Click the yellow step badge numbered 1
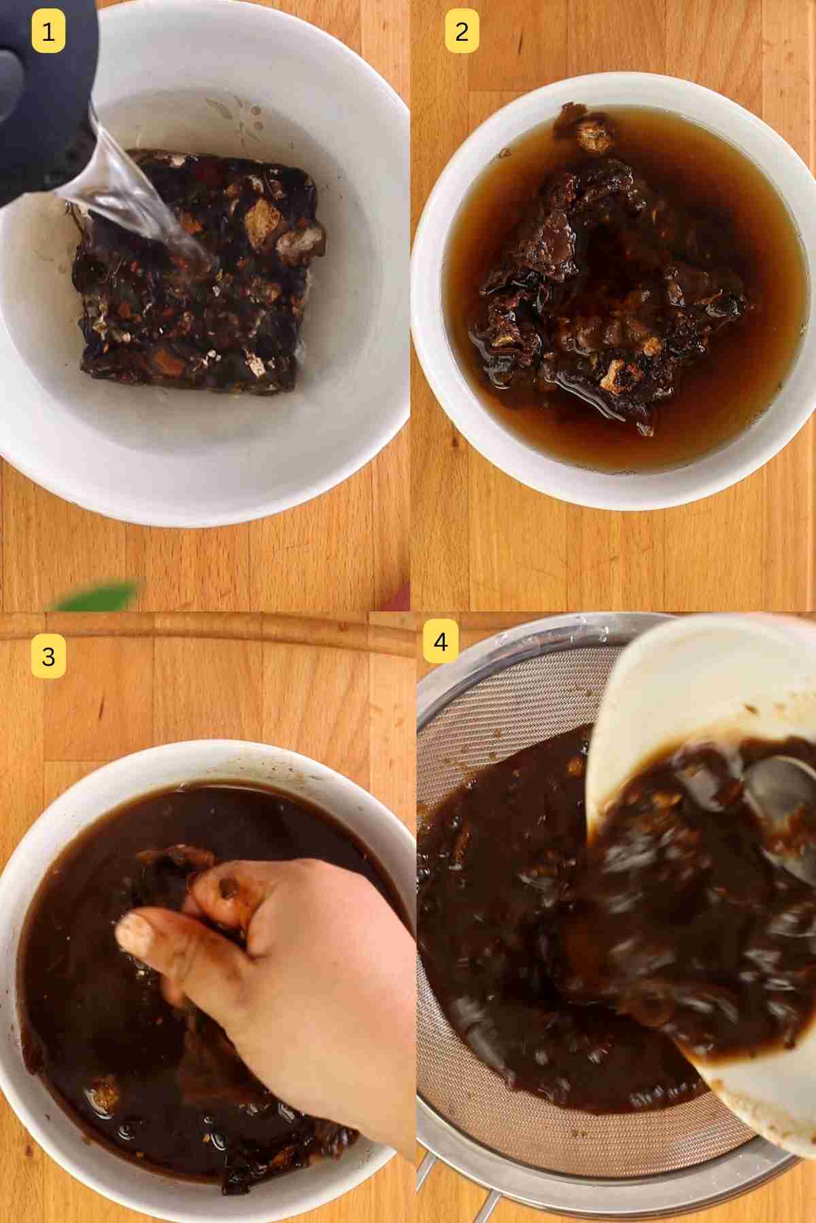coord(48,32)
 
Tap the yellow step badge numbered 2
coord(462,32)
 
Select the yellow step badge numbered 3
coord(48,657)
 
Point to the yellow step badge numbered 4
coord(441,641)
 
